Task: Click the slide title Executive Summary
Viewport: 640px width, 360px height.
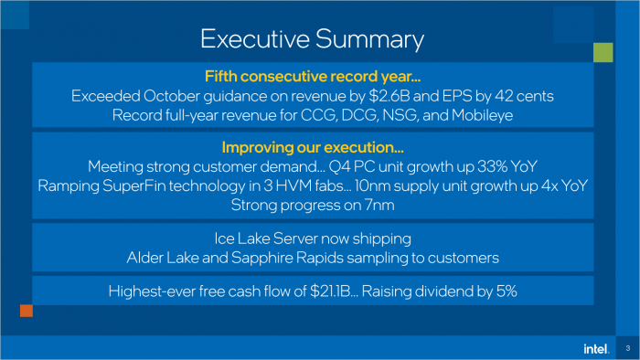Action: tap(312, 39)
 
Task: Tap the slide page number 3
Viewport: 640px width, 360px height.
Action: tap(628, 348)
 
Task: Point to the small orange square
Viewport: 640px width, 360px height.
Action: tap(26, 312)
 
